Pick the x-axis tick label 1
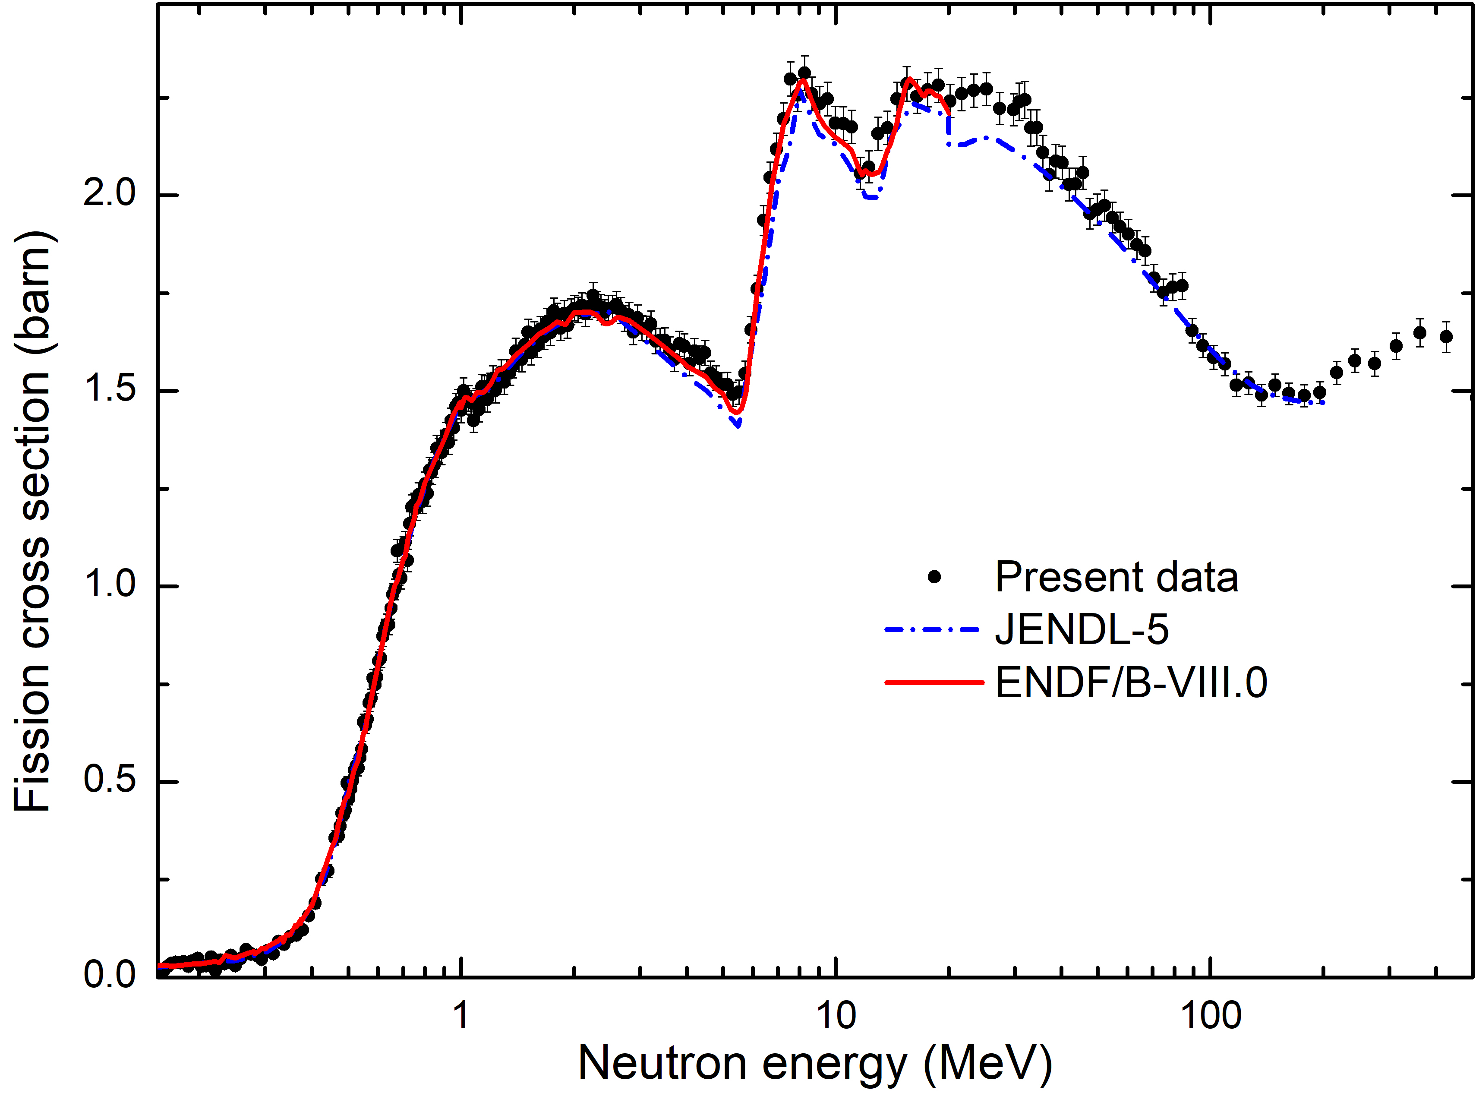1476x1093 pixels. pyautogui.click(x=461, y=1016)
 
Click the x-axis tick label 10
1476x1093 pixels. pyautogui.click(x=836, y=1016)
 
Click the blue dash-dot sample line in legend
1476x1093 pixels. pyautogui.click(x=932, y=630)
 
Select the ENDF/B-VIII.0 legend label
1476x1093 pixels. pyautogui.click(x=1131, y=682)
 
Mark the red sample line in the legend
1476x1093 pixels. pyautogui.click(x=934, y=682)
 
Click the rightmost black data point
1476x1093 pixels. pyautogui.click(x=1446, y=337)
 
